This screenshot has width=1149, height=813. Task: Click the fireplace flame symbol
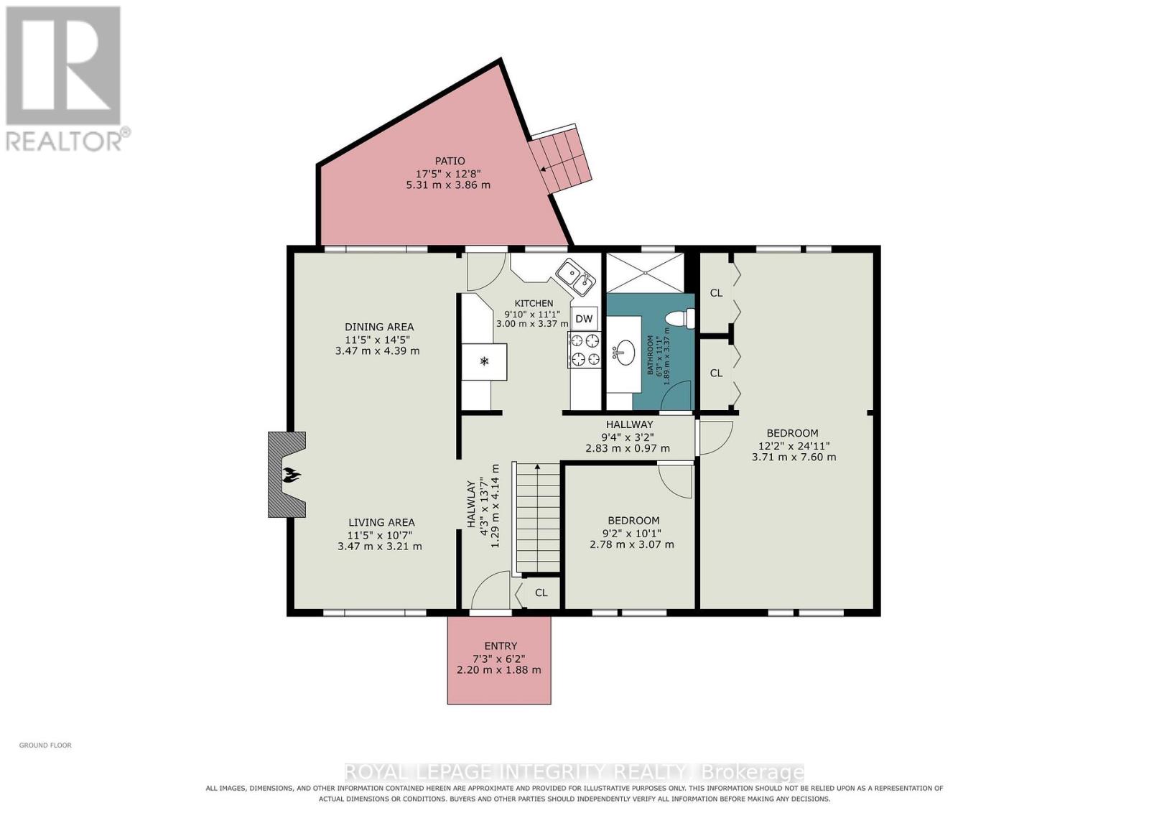click(x=292, y=475)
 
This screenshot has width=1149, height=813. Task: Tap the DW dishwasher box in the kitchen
click(x=584, y=319)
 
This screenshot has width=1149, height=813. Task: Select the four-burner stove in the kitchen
click(x=584, y=350)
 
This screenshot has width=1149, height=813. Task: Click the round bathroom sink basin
click(x=624, y=353)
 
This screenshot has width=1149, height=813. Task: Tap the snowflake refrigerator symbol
click(x=484, y=362)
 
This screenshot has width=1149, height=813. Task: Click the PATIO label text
click(x=450, y=161)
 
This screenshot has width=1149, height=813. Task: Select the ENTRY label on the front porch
click(x=501, y=646)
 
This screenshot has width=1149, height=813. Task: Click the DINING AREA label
click(x=379, y=327)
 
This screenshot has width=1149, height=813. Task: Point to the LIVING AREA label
click(x=381, y=522)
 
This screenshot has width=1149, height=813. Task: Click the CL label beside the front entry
click(x=541, y=593)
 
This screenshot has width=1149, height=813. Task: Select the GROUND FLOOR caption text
click(x=45, y=745)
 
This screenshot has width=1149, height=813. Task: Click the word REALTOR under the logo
click(x=64, y=142)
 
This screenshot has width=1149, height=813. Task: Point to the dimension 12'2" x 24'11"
click(x=794, y=446)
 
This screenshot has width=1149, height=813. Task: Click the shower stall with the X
click(x=646, y=273)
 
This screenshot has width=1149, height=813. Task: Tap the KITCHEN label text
click(x=534, y=303)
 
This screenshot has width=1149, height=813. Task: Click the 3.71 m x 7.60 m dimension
click(x=794, y=457)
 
